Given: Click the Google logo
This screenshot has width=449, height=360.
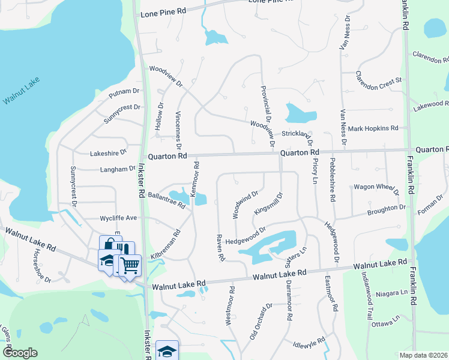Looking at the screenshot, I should click(19, 353).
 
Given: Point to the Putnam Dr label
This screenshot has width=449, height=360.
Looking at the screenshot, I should click(123, 93).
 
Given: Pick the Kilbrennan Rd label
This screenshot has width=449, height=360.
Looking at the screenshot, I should click(166, 245).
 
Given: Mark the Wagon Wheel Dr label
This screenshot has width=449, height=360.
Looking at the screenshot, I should click(376, 188).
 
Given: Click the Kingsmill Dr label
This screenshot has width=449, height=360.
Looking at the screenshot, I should click(268, 204).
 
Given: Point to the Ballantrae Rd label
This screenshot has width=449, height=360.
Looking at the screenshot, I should click(166, 201).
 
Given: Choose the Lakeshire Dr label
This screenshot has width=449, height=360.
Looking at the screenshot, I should click(108, 153).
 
